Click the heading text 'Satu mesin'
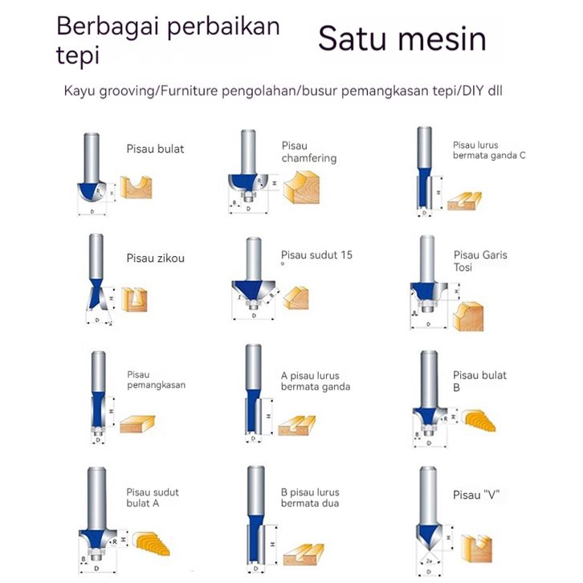coord(402,39)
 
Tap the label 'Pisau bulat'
coord(155,149)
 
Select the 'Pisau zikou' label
coord(155,259)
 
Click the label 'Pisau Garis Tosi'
coord(479,261)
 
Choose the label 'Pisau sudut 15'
coord(316,256)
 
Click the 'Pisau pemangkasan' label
coord(156,379)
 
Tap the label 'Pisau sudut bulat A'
coord(153,498)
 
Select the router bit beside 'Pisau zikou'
coord(96,277)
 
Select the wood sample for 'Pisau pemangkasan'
coord(137,423)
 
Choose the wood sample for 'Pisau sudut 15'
coord(296,299)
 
